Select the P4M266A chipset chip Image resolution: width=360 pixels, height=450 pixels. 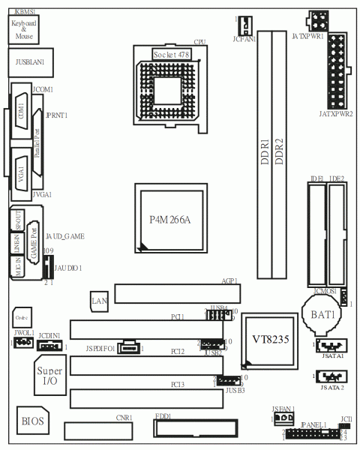pyautogui.click(x=170, y=219)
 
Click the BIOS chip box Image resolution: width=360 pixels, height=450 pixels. pyautogui.click(x=32, y=421)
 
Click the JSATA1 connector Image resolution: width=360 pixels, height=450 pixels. pyautogui.click(x=328, y=346)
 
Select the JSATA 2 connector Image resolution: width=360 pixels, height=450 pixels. pyautogui.click(x=328, y=377)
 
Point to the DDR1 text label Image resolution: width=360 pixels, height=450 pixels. pyautogui.click(x=265, y=151)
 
